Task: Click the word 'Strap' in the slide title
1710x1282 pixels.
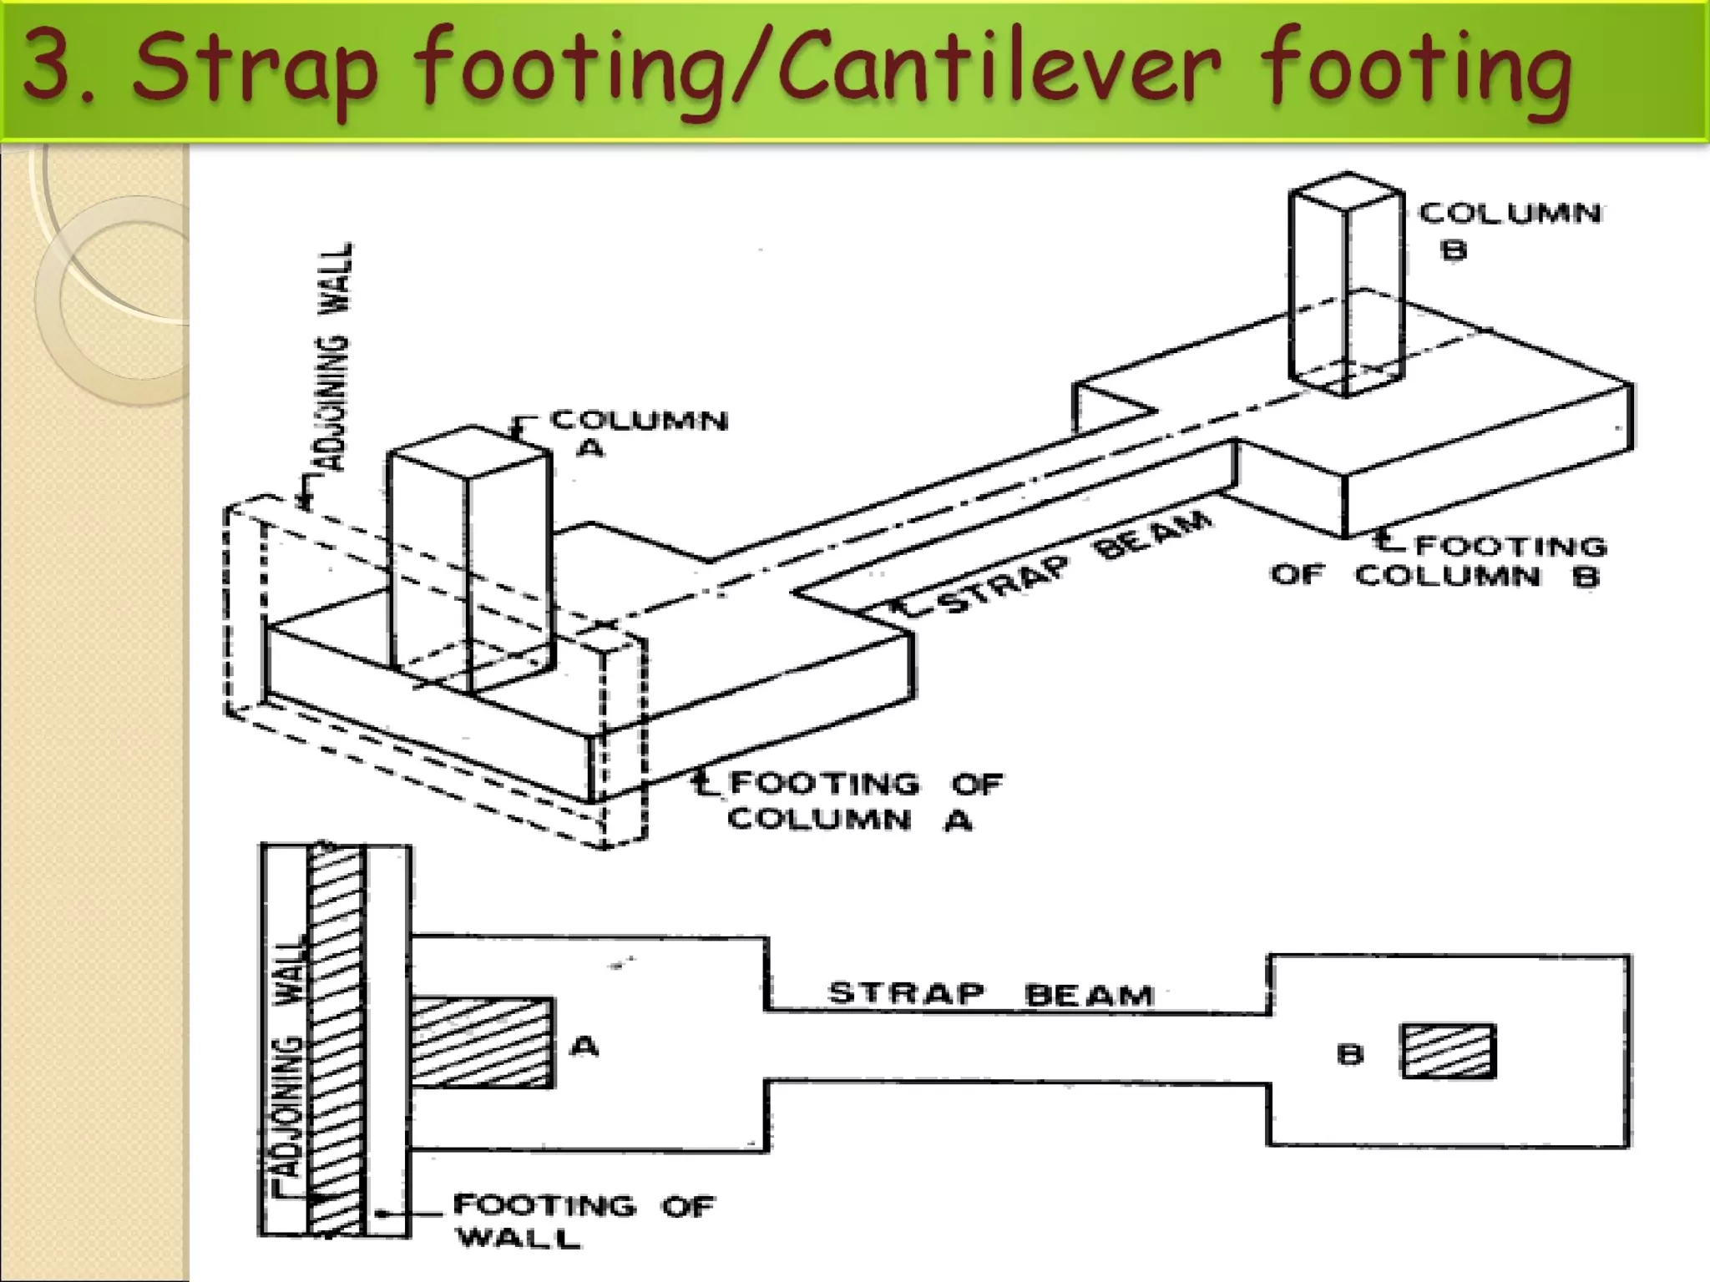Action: tap(255, 71)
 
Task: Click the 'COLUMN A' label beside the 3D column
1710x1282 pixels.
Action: tap(638, 432)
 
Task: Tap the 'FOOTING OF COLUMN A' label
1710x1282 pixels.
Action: tap(865, 801)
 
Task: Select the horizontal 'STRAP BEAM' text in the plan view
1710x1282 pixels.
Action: tap(990, 994)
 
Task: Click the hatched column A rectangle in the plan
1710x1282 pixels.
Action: tap(483, 1042)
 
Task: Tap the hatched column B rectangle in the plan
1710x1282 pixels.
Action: tap(1449, 1052)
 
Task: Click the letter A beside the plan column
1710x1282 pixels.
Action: tap(584, 1045)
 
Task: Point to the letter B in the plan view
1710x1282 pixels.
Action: tap(1350, 1054)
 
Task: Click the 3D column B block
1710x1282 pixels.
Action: tap(1346, 284)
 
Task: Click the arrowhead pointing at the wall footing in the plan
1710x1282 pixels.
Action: tap(381, 1214)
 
